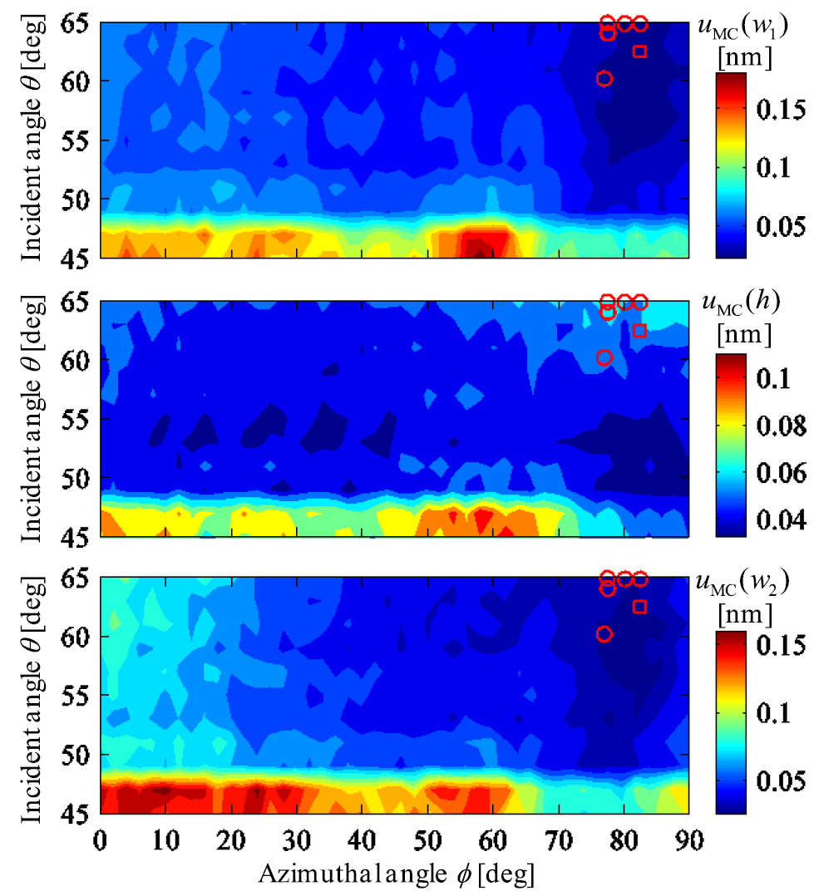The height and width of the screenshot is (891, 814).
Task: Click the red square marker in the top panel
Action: click(x=639, y=52)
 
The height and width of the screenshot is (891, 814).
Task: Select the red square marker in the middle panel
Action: click(x=639, y=331)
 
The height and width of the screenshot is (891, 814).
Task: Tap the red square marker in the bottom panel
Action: click(x=639, y=607)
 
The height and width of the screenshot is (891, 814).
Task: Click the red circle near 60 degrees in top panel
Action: click(x=604, y=78)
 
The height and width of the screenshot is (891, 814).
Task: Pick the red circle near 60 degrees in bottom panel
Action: click(x=604, y=634)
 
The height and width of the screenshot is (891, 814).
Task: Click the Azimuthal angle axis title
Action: click(x=396, y=874)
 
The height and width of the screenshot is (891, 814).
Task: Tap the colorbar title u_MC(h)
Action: click(x=738, y=303)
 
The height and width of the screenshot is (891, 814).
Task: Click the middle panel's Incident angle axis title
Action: click(x=33, y=420)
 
